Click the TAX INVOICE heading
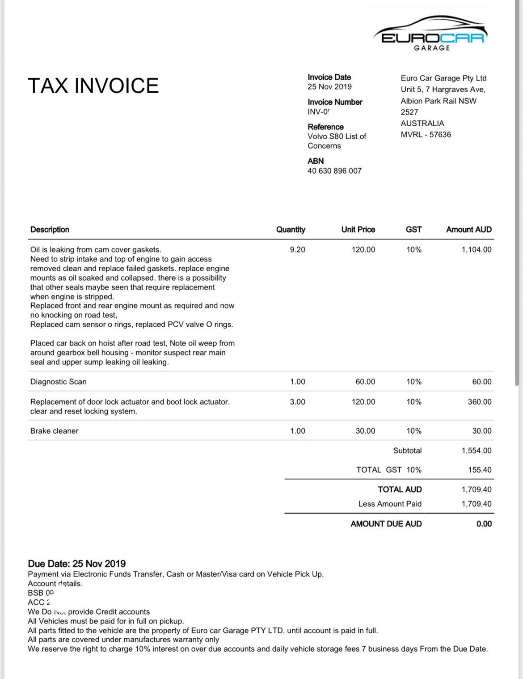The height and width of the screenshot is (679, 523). (x=93, y=85)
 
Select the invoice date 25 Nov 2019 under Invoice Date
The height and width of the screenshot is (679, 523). (x=329, y=87)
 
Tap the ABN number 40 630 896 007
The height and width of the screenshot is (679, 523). (x=334, y=171)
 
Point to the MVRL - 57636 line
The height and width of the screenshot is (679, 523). (x=426, y=134)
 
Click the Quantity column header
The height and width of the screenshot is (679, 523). (x=291, y=230)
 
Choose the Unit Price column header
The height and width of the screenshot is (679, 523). (x=358, y=230)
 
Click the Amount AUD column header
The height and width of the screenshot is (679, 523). (x=468, y=230)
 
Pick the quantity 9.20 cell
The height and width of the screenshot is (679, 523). (x=297, y=250)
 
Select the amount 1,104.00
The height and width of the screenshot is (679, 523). (x=476, y=250)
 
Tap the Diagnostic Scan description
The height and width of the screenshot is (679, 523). (x=59, y=382)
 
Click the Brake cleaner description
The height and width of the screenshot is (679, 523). (x=55, y=431)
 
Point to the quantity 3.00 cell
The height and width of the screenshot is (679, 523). (x=297, y=402)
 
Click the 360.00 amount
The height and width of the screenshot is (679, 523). (x=479, y=402)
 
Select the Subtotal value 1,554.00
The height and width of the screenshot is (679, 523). (x=476, y=451)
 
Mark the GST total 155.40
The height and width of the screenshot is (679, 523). (x=479, y=470)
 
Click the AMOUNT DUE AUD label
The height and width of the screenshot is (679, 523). (x=386, y=524)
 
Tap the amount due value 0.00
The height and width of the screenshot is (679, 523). (x=484, y=524)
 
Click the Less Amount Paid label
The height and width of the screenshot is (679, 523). (x=390, y=504)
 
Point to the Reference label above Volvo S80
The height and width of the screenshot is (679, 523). (x=325, y=127)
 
